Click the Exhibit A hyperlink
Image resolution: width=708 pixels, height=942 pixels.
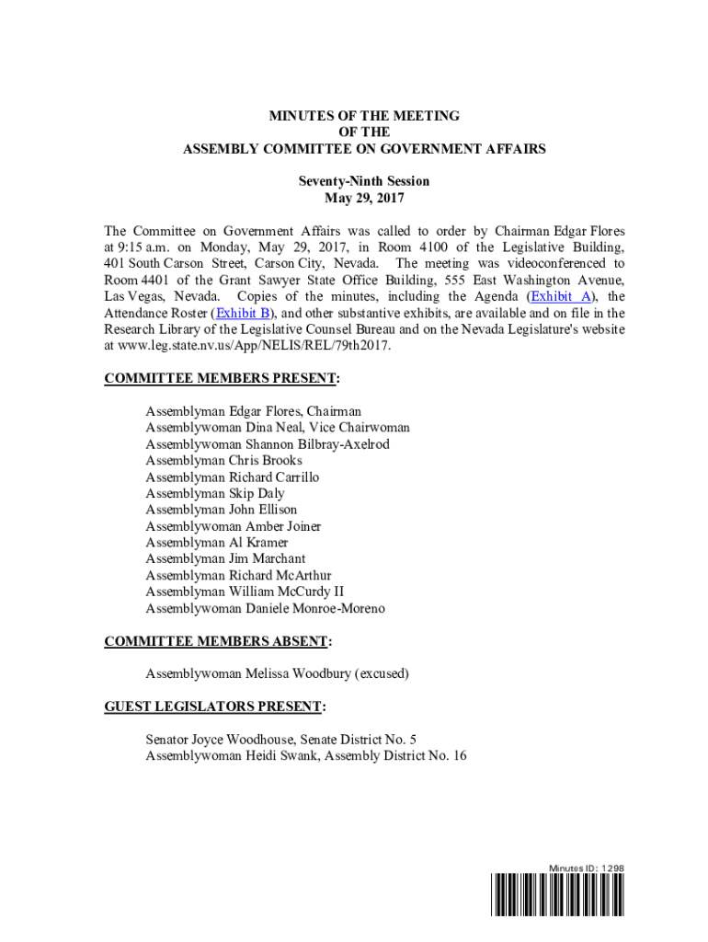click(560, 296)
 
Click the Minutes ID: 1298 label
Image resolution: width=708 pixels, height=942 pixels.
click(587, 868)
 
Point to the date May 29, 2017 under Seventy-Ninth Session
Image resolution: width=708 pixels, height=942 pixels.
click(364, 198)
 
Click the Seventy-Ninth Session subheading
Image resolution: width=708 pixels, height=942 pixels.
click(363, 181)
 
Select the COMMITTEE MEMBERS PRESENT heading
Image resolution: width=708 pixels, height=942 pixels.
click(222, 378)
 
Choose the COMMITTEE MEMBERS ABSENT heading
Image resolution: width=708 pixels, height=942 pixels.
click(218, 640)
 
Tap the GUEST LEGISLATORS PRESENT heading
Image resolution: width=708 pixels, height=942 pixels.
click(216, 706)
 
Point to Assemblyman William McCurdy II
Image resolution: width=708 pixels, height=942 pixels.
click(245, 592)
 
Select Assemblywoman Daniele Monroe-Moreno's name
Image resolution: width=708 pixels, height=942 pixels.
click(265, 608)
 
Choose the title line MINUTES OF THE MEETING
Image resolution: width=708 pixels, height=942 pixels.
click(363, 116)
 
